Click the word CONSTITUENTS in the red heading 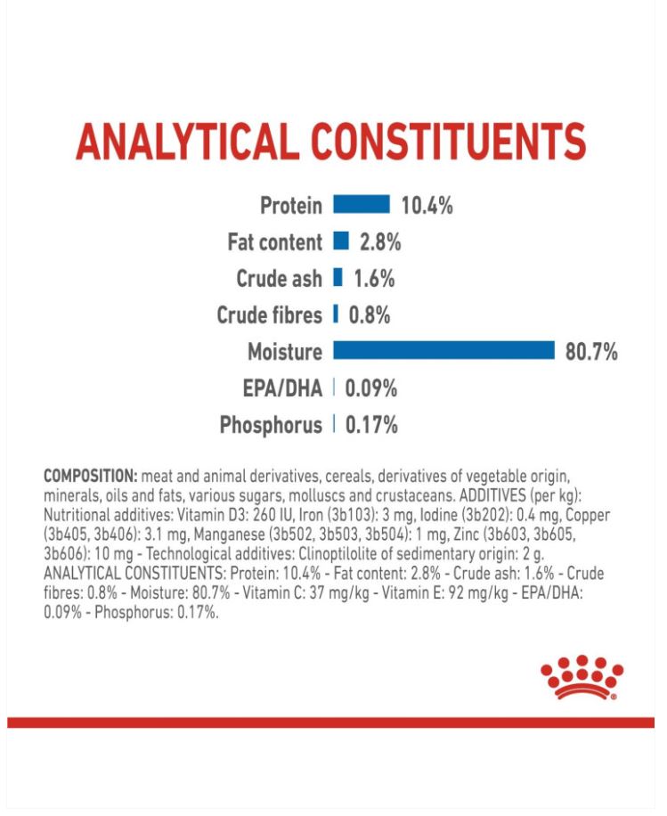click(x=453, y=142)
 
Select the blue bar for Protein click(x=362, y=205)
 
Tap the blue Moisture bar click(x=443, y=351)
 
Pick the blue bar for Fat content click(x=340, y=241)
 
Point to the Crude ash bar click(x=338, y=278)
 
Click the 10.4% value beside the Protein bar click(x=427, y=206)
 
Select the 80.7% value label click(x=590, y=352)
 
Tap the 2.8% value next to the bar click(x=380, y=242)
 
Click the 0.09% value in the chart click(x=370, y=388)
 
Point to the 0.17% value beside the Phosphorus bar click(x=370, y=425)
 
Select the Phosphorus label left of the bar click(x=271, y=425)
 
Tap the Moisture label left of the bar click(x=285, y=352)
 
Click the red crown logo click(x=582, y=676)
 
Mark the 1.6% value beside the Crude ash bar click(x=374, y=279)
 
